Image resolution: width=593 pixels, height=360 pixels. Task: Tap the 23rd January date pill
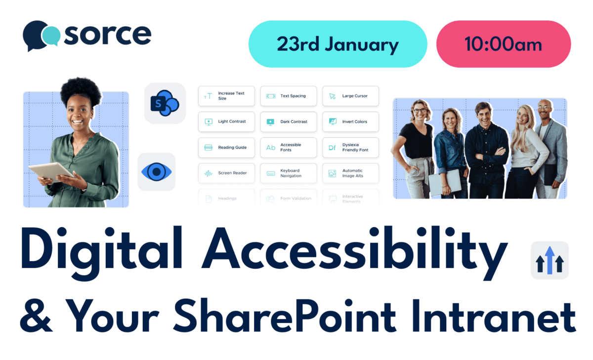(338, 44)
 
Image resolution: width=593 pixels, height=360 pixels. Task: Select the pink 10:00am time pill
(503, 44)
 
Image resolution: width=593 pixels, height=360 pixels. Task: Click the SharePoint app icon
(165, 103)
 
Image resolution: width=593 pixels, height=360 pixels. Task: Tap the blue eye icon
(156, 172)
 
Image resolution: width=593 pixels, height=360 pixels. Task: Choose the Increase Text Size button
(226, 96)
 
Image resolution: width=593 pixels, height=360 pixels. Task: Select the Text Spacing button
(289, 96)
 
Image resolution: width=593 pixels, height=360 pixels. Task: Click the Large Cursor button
(350, 96)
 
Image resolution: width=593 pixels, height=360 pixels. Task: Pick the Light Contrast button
(226, 121)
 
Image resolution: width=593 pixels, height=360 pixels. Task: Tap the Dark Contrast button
(289, 121)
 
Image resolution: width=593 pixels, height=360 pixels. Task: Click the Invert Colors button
(350, 121)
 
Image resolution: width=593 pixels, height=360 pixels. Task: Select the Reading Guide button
(226, 147)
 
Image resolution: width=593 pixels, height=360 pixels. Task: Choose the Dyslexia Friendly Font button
(350, 147)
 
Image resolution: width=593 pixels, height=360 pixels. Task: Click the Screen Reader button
(226, 173)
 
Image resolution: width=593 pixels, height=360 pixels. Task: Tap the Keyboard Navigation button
(289, 173)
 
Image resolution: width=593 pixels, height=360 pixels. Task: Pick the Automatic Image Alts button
(350, 173)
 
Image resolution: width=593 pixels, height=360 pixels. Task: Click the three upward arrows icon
(550, 261)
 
